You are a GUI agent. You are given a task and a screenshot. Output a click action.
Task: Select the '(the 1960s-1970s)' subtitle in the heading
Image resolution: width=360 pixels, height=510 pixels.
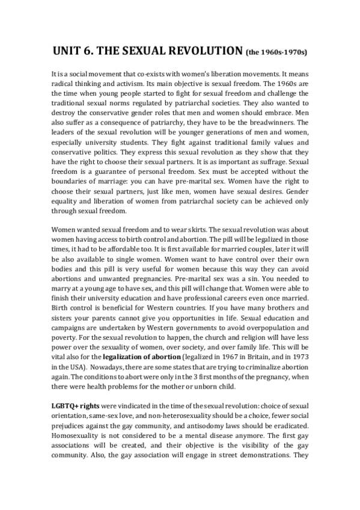pyautogui.click(x=276, y=52)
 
